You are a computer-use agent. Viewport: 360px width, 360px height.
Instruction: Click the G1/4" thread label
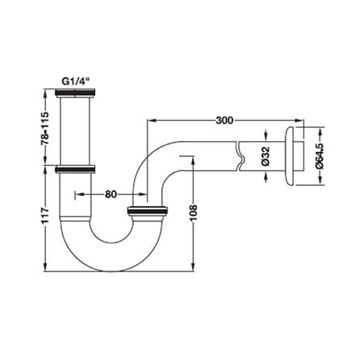pyautogui.click(x=75, y=81)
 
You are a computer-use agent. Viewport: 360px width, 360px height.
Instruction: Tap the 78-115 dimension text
pyautogui.click(x=45, y=128)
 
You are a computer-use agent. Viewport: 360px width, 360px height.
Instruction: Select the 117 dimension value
pyautogui.click(x=45, y=215)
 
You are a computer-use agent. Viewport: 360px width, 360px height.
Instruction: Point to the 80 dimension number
pyautogui.click(x=111, y=194)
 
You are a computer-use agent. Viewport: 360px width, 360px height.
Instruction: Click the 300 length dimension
pyautogui.click(x=225, y=120)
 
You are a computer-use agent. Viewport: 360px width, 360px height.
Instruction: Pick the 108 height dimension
pyautogui.click(x=193, y=213)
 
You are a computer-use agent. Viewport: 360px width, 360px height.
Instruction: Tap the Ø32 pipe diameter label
pyautogui.click(x=265, y=156)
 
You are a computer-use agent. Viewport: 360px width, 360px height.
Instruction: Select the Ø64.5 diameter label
pyautogui.click(x=321, y=156)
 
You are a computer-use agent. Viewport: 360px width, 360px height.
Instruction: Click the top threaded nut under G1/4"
pyautogui.click(x=75, y=93)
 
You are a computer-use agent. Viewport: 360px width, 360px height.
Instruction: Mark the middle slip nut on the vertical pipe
pyautogui.click(x=75, y=170)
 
